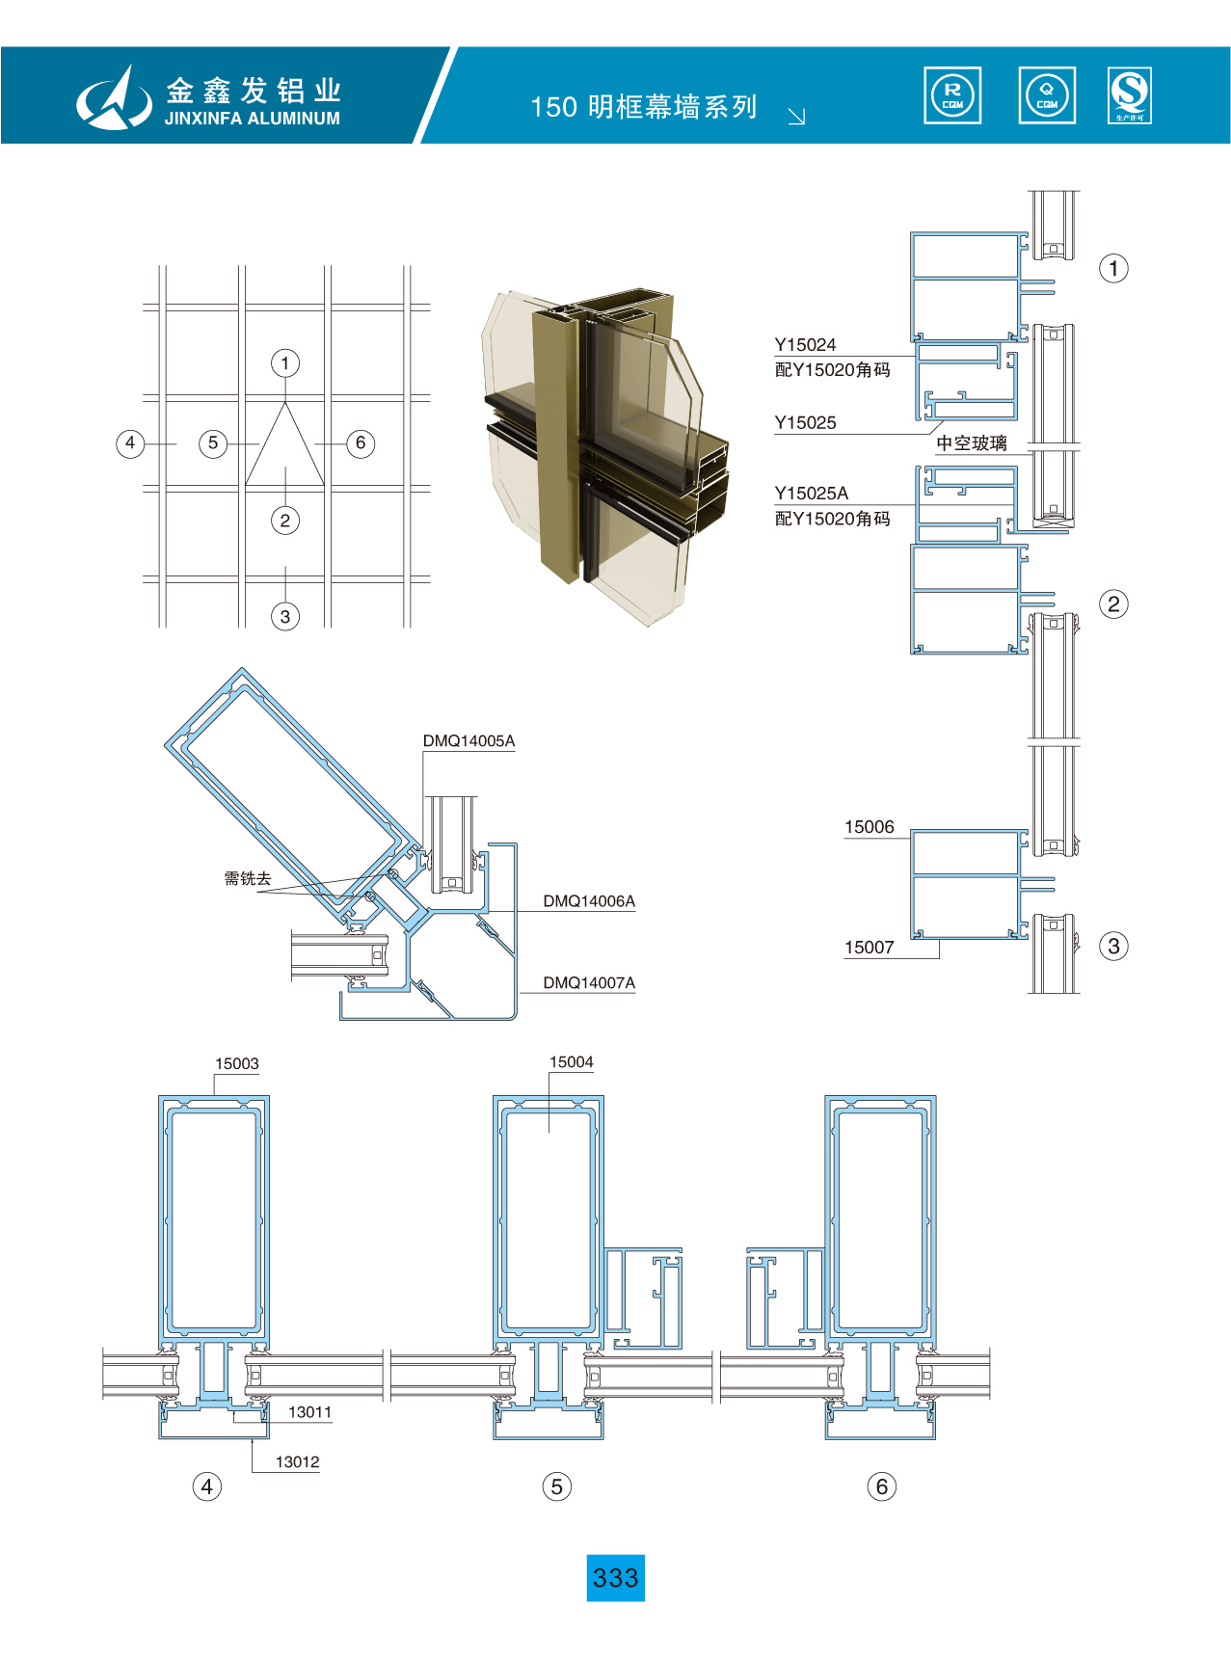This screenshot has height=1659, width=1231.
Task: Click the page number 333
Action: click(x=615, y=1578)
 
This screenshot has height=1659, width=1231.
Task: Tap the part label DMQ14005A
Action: click(x=468, y=741)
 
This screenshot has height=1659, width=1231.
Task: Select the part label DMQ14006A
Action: click(x=589, y=901)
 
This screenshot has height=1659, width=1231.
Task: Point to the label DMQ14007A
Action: click(x=589, y=983)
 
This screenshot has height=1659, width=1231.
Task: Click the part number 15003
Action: click(x=237, y=1064)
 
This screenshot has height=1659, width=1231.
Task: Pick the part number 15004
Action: click(x=572, y=1062)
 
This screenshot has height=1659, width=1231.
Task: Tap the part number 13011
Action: click(x=309, y=1412)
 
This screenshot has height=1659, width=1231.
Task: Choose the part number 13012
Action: click(x=297, y=1462)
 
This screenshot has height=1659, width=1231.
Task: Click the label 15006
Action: click(x=870, y=827)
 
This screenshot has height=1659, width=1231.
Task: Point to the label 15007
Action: click(x=870, y=948)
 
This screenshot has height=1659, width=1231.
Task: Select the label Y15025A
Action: click(x=812, y=494)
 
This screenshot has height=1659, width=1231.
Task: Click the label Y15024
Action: click(x=806, y=345)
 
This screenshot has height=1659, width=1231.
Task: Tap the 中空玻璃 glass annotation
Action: click(x=972, y=443)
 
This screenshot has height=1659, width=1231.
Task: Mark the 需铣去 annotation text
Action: click(x=248, y=878)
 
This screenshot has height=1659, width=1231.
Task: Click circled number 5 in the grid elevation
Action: click(x=213, y=443)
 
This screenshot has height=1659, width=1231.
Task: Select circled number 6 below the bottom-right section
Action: click(x=881, y=1486)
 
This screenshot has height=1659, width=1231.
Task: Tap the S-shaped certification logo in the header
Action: click(x=1130, y=94)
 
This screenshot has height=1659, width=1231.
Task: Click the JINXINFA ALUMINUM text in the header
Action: click(x=253, y=119)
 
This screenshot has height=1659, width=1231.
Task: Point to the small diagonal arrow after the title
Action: click(x=796, y=117)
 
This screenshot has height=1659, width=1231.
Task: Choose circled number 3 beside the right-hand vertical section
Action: click(x=1113, y=946)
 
